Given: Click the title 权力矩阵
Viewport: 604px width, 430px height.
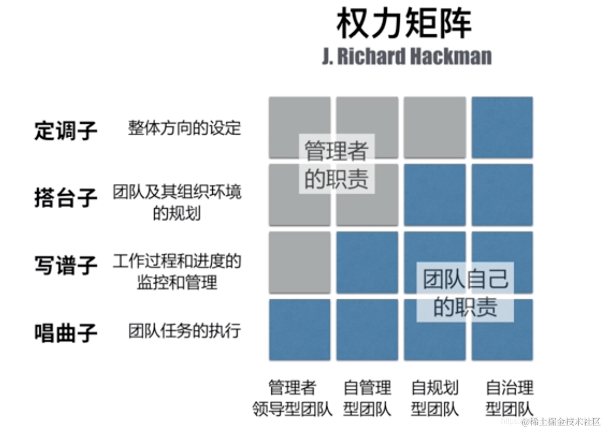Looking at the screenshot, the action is [404, 23].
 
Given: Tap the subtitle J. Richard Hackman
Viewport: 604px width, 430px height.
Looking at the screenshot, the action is [407, 56].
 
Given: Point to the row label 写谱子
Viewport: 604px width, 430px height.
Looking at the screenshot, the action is [65, 266].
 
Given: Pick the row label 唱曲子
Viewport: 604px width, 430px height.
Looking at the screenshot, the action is [65, 332].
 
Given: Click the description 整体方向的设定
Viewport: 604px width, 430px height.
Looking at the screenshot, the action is [184, 128].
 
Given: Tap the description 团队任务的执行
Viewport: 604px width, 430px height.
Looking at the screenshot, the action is [184, 330].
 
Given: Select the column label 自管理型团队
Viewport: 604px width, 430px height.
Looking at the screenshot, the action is [367, 398].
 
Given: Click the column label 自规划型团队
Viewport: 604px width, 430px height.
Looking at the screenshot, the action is [435, 398].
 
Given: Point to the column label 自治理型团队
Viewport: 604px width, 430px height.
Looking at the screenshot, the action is [509, 398].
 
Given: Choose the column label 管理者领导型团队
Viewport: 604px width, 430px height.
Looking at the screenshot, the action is [292, 398].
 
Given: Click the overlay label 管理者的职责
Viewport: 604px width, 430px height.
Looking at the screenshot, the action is [336, 165].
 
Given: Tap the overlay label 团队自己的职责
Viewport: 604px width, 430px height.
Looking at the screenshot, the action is [465, 292].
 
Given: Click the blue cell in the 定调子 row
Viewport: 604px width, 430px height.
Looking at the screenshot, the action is [502, 127].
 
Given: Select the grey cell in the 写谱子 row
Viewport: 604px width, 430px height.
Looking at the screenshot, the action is [300, 262].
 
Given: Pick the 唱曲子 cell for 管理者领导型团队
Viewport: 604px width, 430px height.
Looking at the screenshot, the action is [300, 329].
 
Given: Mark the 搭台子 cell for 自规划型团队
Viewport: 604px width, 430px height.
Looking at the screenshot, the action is [435, 195].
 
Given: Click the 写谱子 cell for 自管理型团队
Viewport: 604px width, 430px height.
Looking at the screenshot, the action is [367, 262].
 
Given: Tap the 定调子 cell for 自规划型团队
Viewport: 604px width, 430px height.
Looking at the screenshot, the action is [435, 127].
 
